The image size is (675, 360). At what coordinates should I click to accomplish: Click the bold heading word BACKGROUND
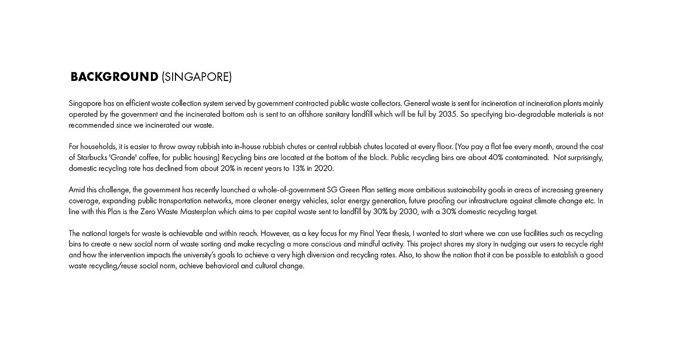coord(114,77)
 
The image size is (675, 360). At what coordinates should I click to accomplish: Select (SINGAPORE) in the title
coord(197,77)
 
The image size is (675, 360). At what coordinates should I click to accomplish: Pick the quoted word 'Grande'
coord(126,158)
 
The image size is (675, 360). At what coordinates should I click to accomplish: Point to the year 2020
coord(324,169)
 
